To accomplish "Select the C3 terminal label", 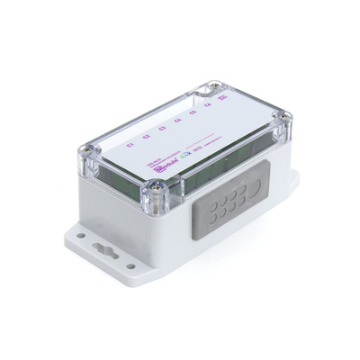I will (162, 130).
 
